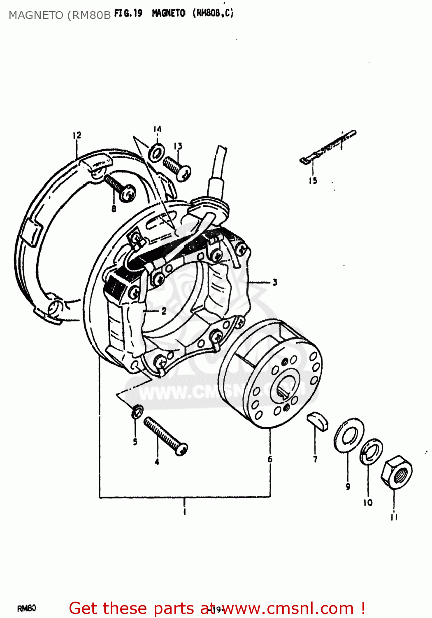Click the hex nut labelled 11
[396, 473]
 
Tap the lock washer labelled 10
[371, 452]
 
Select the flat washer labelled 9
[348, 435]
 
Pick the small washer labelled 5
[137, 411]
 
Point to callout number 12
[77, 135]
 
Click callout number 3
[274, 282]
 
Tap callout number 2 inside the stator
[164, 311]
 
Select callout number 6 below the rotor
[270, 459]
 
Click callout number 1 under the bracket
[184, 512]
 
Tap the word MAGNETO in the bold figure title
[169, 13]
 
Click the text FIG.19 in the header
[128, 13]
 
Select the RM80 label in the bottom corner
[27, 608]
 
